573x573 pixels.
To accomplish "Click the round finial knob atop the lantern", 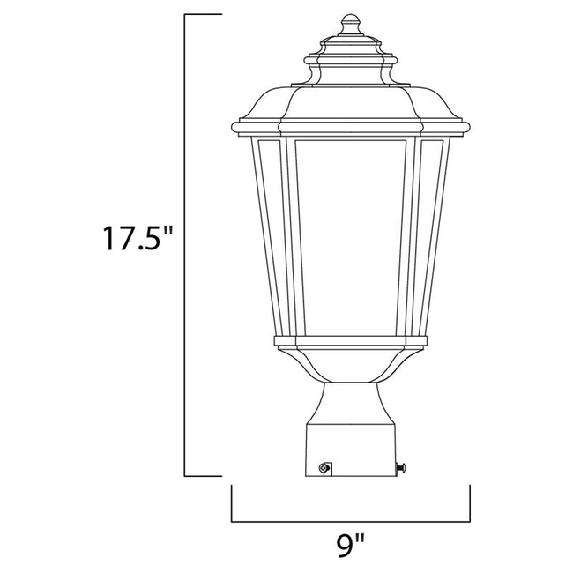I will pos(351,21).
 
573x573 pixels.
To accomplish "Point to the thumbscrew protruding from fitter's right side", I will pos(406,465).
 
